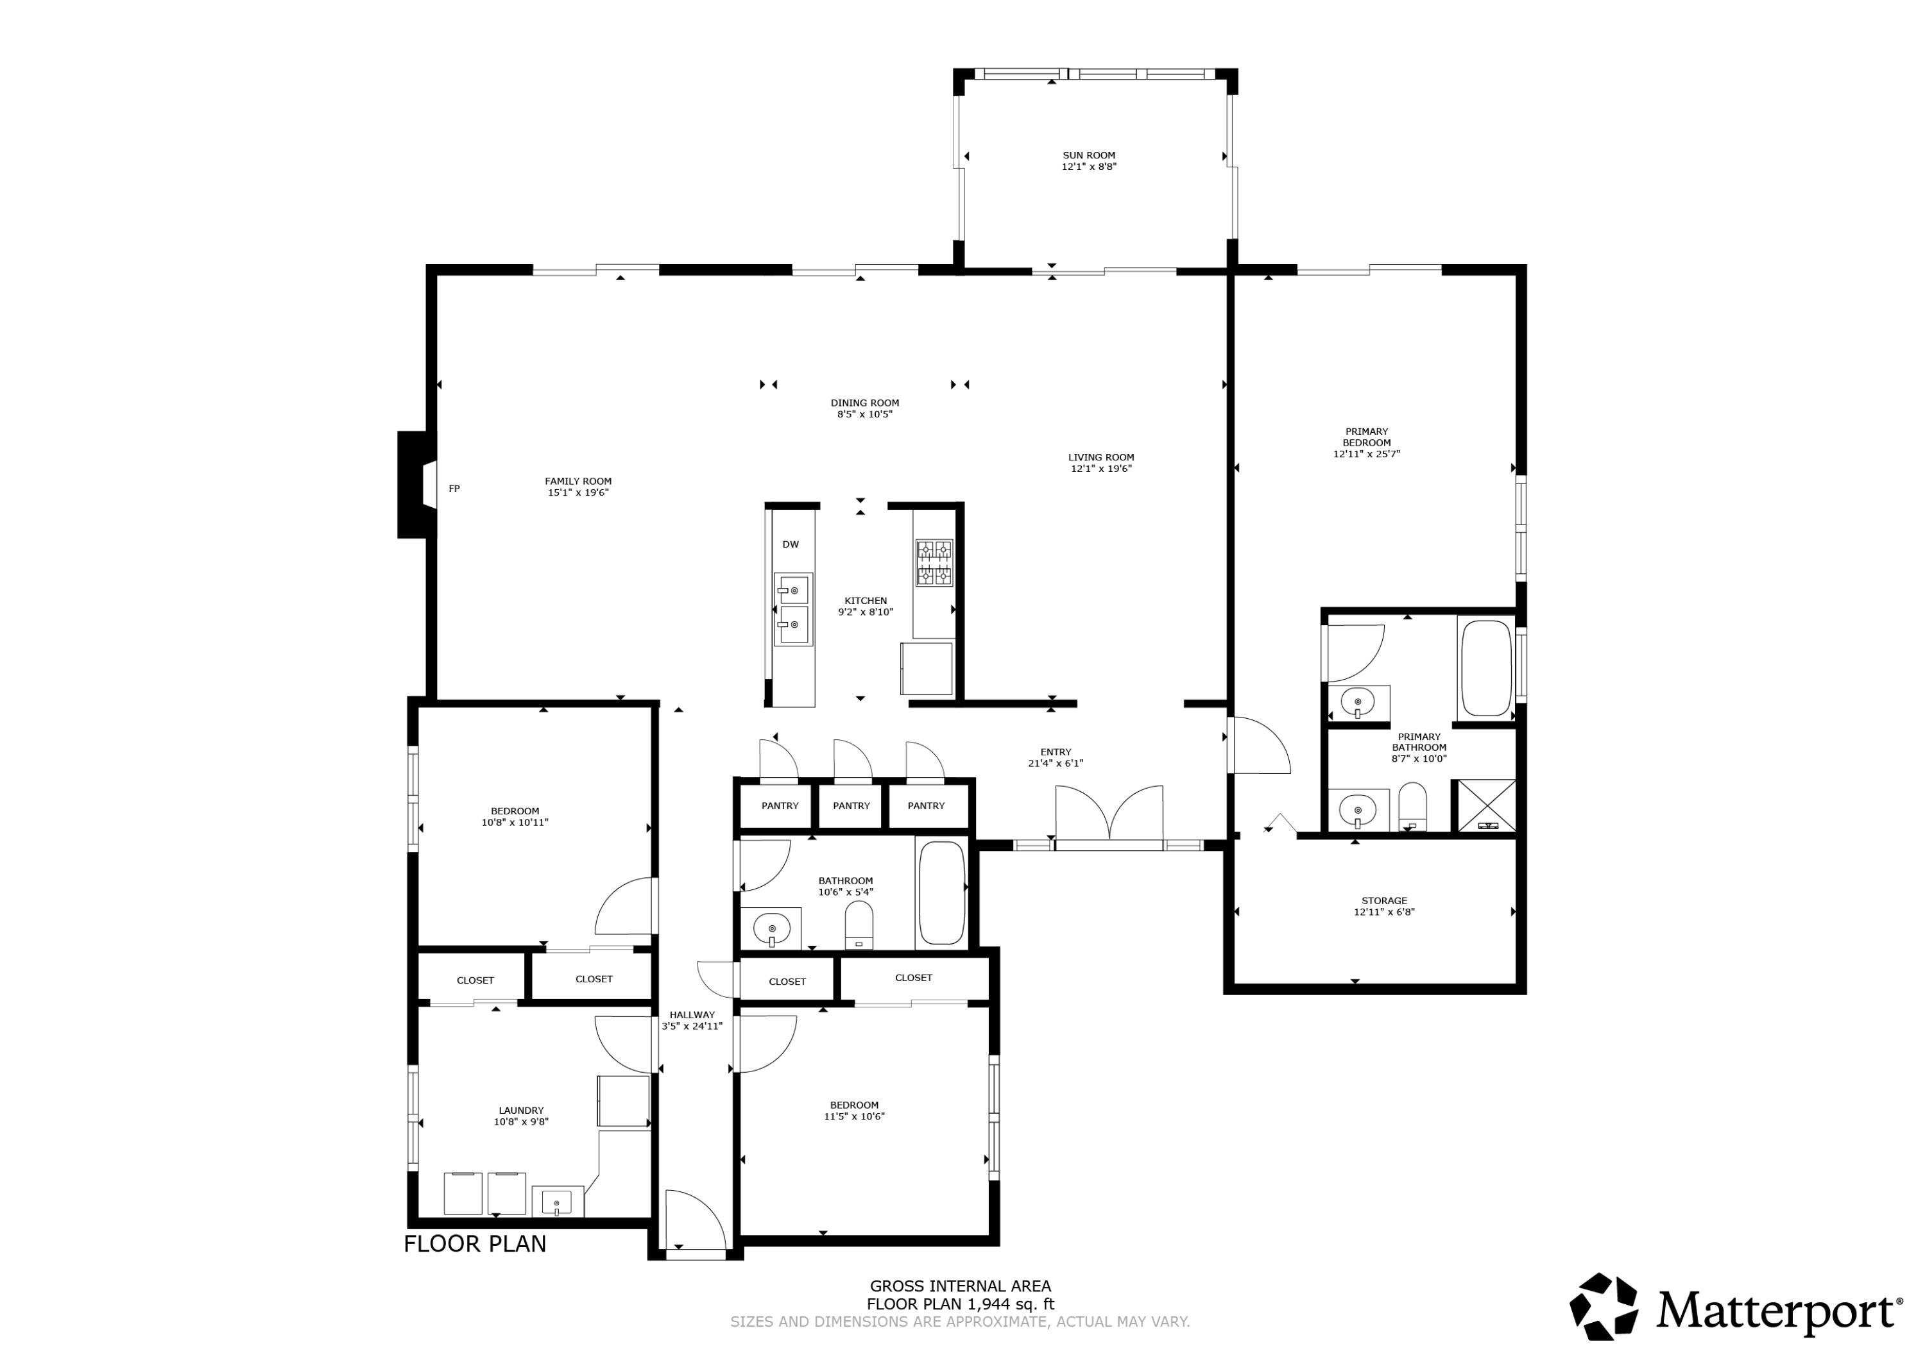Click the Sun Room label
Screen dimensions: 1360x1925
tap(1088, 155)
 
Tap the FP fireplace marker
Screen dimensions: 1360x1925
tap(454, 489)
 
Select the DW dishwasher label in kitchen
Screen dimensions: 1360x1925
tap(790, 544)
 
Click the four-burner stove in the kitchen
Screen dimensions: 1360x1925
tap(933, 562)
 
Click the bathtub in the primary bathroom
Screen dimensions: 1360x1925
tap(1485, 668)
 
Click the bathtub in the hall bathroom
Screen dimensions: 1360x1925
tap(941, 893)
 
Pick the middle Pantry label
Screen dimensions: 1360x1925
tap(851, 805)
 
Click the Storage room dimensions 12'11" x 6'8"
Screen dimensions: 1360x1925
tap(1383, 912)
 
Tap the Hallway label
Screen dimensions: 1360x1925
tap(692, 1015)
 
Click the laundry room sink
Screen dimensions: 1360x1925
tap(557, 1202)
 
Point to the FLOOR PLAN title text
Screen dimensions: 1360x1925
tap(475, 1243)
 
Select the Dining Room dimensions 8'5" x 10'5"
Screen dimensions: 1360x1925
tap(864, 414)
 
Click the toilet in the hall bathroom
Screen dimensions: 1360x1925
tap(859, 925)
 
